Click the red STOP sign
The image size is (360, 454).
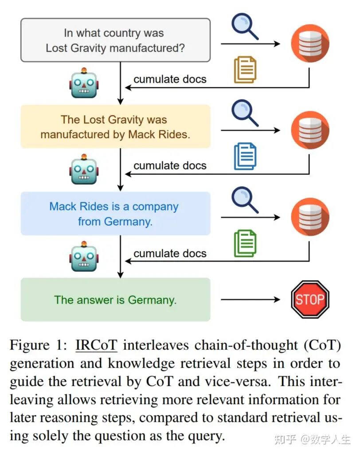click(310, 299)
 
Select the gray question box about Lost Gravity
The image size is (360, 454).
click(115, 40)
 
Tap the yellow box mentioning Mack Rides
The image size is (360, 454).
click(115, 127)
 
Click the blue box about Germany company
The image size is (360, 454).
click(115, 214)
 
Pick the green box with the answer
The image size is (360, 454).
click(115, 300)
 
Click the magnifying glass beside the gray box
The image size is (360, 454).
click(245, 26)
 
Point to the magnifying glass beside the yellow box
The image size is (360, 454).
click(245, 113)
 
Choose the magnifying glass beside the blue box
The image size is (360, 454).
click(245, 200)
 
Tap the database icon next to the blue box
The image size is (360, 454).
click(310, 217)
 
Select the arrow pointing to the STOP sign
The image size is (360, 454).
click(250, 300)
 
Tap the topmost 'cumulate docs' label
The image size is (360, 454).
click(170, 79)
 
